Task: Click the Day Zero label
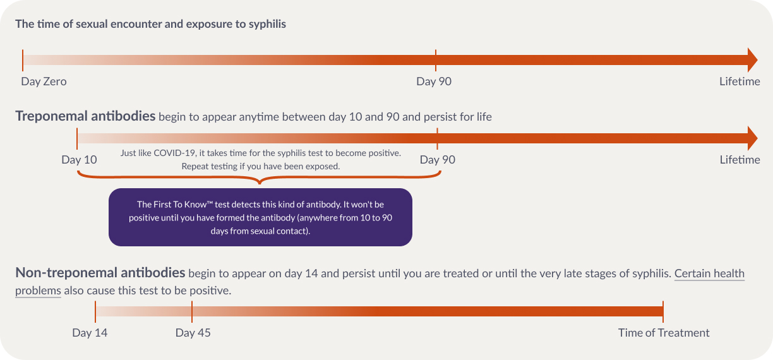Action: coord(44,81)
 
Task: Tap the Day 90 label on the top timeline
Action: coord(434,81)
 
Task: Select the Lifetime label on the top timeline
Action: coord(740,81)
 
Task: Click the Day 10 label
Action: coord(79,160)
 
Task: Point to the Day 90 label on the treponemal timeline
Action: coord(437,160)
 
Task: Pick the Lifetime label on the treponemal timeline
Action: coord(740,160)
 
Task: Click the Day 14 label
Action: coord(90,333)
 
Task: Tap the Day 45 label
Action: coord(193,333)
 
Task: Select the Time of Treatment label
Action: coord(664,333)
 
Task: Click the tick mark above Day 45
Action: coord(192,311)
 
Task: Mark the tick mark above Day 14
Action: coord(95,311)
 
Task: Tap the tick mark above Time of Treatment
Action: coord(663,311)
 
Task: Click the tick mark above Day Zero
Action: coord(23,61)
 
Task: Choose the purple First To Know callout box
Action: coord(260,217)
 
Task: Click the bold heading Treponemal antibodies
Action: coord(85,116)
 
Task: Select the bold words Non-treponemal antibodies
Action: coord(100,273)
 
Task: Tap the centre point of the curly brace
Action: coord(260,183)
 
